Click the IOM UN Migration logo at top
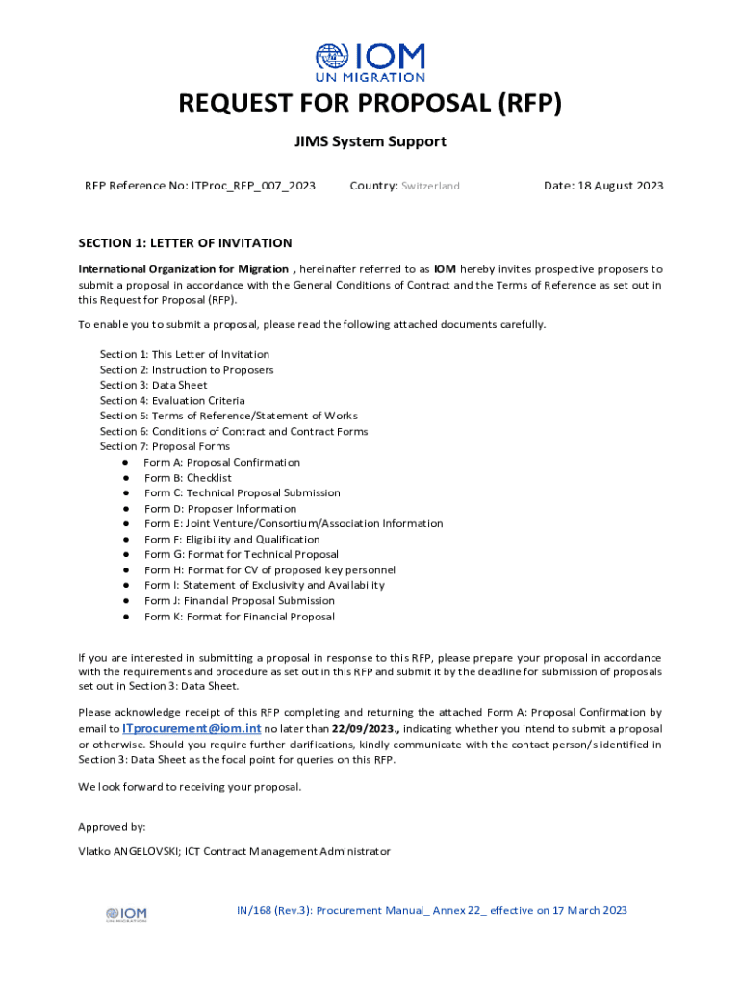370,63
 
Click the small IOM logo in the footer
126,914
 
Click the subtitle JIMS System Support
370,141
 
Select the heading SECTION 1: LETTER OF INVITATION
185,243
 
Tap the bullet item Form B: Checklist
188,477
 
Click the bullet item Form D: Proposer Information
220,508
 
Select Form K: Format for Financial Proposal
240,617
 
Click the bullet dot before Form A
125,463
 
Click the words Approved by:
112,826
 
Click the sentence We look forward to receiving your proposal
190,787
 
